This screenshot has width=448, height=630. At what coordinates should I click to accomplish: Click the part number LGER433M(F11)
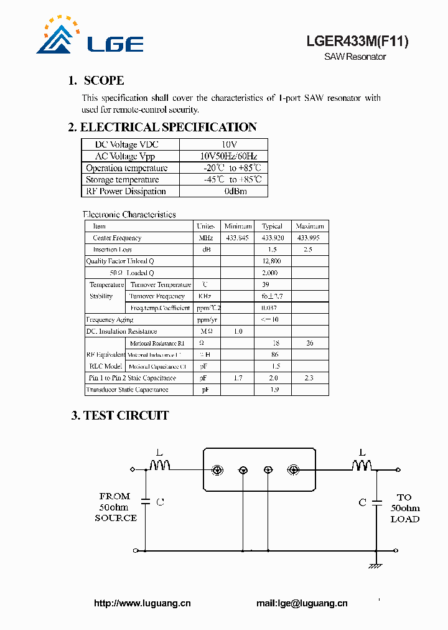[x=357, y=42]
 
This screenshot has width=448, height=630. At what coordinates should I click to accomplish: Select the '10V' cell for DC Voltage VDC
[x=223, y=144]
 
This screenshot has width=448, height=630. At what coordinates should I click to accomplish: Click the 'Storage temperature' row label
[x=127, y=180]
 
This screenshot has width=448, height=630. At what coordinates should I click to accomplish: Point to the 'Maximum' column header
[x=310, y=226]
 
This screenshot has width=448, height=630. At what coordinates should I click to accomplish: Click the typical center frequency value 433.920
[x=273, y=238]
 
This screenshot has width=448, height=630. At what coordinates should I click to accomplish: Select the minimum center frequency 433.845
[x=237, y=238]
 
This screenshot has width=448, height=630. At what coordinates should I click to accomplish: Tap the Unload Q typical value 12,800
[x=272, y=261]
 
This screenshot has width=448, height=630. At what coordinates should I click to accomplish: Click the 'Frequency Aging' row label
[x=110, y=319]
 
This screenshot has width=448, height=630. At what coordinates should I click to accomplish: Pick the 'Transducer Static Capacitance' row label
[x=127, y=390]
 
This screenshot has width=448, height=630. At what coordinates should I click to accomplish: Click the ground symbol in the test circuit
[x=375, y=565]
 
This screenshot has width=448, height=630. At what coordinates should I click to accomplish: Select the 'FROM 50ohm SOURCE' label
[x=116, y=507]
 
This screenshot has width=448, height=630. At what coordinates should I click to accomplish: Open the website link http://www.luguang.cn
[x=142, y=603]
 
